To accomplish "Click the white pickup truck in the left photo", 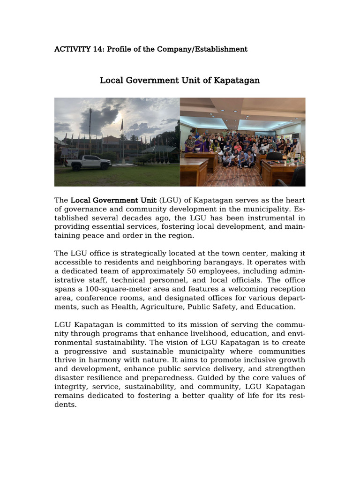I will [88, 162].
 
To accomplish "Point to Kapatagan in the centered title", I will [237, 80].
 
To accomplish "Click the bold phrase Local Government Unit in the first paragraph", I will [113, 200].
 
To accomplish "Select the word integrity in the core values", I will [70, 387].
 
